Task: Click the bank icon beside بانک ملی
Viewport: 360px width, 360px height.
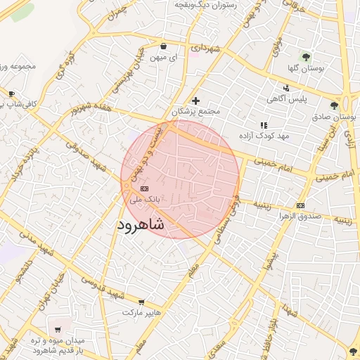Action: (145, 188)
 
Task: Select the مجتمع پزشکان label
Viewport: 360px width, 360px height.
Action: (196, 111)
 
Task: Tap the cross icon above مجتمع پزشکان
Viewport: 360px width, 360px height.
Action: (195, 101)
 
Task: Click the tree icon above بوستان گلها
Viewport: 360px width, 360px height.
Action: (305, 56)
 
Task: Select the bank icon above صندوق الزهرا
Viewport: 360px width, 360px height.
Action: (301, 205)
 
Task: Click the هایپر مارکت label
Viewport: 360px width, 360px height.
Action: (142, 311)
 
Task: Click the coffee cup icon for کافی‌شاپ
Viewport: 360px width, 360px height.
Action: (11, 94)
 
